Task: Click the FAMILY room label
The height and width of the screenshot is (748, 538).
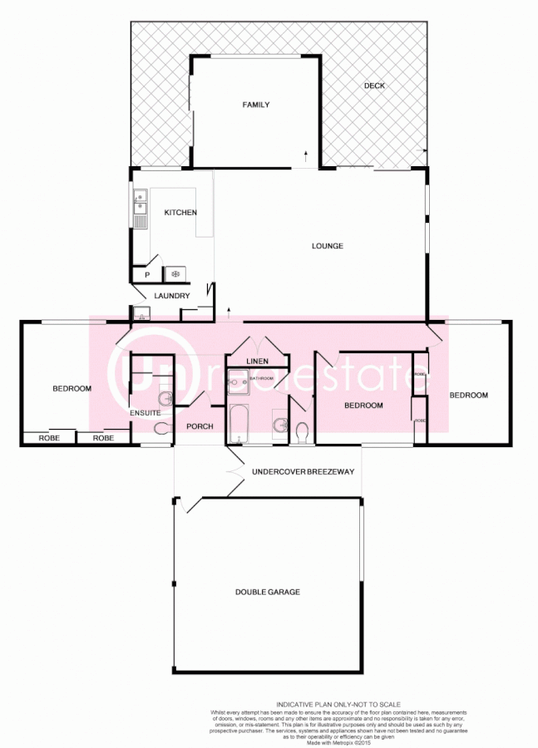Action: pos(255,105)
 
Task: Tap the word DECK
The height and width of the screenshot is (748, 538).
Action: pos(374,86)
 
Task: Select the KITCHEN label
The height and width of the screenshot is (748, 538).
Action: pos(180,213)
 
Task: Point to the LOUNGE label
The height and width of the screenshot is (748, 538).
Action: pos(328,246)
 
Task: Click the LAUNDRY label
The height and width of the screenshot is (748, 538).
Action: pos(172,296)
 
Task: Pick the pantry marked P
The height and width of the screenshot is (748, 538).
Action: pos(146,273)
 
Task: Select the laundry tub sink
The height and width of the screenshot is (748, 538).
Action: pos(142,313)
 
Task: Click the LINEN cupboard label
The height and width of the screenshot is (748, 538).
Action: pos(258,361)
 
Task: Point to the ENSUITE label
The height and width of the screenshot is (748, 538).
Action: pos(145,413)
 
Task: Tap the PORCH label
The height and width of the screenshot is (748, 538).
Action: pos(200,427)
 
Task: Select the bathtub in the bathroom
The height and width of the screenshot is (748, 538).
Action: pos(239,422)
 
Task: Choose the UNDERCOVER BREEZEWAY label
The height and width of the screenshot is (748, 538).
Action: pos(303,472)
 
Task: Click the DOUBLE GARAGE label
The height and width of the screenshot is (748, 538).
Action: pos(267,592)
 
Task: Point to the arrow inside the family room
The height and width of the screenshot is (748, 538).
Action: pos(305,155)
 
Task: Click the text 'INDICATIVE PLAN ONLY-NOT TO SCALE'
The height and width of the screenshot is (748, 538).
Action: pos(339,704)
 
